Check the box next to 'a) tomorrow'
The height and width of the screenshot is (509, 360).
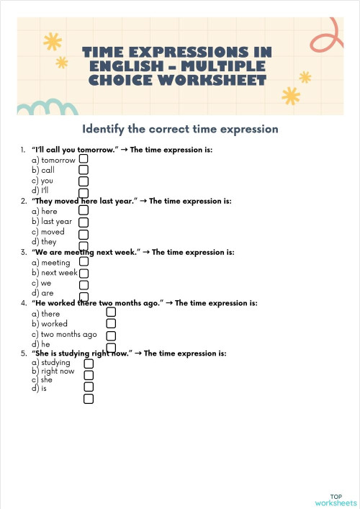click(x=84, y=158)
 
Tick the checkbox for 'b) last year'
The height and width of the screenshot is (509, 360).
click(x=84, y=222)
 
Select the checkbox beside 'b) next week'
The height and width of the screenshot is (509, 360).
click(x=84, y=274)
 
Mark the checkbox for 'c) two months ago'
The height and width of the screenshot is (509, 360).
click(x=111, y=335)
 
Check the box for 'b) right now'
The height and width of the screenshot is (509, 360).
click(x=89, y=375)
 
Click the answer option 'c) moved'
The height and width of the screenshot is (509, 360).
click(x=48, y=232)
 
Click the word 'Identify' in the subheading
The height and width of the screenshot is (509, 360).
click(x=104, y=130)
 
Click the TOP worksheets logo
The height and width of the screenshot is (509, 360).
click(x=336, y=500)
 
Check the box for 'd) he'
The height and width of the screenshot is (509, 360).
click(x=111, y=346)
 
